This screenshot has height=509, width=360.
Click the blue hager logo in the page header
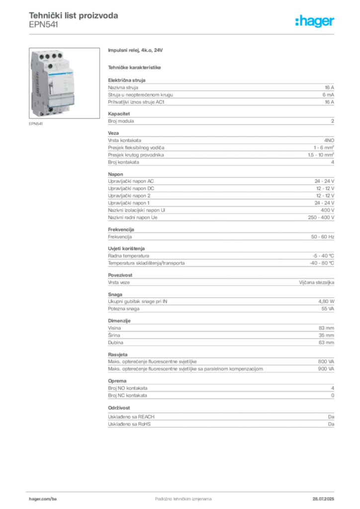(315, 22)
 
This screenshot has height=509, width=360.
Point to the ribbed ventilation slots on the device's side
(37, 85)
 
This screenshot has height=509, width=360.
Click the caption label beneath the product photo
(36, 124)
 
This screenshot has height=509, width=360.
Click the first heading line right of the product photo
(137, 51)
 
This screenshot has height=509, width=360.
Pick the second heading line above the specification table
(135, 67)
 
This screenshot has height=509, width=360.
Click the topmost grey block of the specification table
(221, 92)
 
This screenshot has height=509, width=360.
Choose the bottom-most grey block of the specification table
(221, 419)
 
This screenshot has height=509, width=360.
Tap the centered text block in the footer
(179, 497)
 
